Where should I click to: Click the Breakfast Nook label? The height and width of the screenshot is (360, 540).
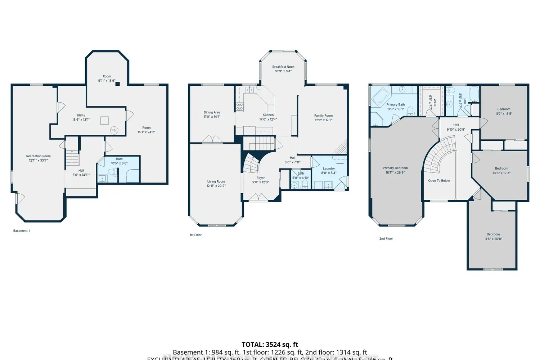tap(283, 67)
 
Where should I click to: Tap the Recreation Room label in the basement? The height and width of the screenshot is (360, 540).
tap(38, 156)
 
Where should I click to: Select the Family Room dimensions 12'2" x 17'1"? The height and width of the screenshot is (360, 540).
tap(323, 120)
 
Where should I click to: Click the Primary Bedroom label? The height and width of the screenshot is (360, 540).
tap(395, 168)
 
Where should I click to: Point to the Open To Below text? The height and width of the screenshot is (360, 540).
tap(439, 181)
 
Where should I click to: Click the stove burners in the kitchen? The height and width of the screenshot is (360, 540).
tap(239, 107)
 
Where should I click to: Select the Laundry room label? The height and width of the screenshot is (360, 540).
tap(329, 168)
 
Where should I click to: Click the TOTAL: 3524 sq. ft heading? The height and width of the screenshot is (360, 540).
tap(270, 345)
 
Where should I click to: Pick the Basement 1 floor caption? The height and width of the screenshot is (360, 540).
tap(22, 231)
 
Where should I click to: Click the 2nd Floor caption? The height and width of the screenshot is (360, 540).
tap(386, 239)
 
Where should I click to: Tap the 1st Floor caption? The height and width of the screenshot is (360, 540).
tap(195, 235)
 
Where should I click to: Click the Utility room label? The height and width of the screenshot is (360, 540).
tap(81, 116)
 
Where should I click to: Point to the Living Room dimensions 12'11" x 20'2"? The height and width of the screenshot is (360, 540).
tap(216, 186)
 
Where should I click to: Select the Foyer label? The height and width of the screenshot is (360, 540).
tap(261, 178)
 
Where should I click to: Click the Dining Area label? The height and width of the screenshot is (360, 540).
tap(212, 112)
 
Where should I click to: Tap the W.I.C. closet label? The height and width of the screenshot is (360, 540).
tap(435, 103)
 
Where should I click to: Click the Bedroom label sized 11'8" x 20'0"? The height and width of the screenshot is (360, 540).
tap(493, 234)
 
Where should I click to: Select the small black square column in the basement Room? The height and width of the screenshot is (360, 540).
tap(117, 84)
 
